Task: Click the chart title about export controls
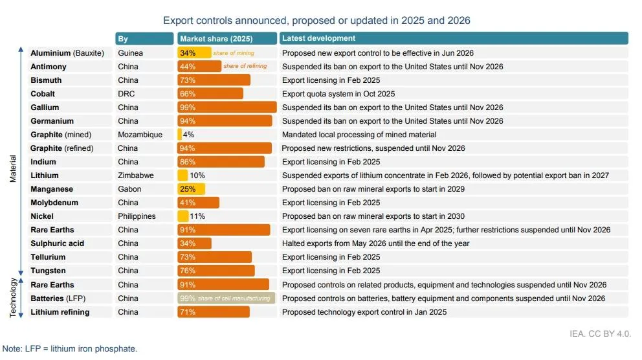(316, 21)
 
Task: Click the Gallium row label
(45, 107)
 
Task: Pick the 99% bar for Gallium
(227, 107)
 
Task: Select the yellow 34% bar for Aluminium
(194, 53)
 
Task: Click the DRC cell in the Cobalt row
(126, 94)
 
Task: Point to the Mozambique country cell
(140, 135)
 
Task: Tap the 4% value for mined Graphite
(188, 135)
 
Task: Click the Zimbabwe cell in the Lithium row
(135, 175)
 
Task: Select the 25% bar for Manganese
(191, 189)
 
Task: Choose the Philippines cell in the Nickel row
(137, 216)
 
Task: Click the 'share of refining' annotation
(245, 66)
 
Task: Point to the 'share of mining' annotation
(234, 53)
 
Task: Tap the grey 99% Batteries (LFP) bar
(226, 298)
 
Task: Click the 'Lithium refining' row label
(60, 312)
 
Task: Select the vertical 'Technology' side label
(13, 298)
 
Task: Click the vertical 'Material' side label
(13, 169)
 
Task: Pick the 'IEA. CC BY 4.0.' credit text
(600, 334)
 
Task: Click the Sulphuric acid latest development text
(375, 243)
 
